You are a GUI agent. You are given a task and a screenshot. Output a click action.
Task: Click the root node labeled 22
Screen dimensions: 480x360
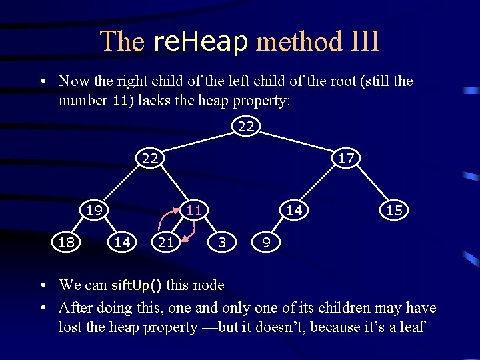[x=246, y=125]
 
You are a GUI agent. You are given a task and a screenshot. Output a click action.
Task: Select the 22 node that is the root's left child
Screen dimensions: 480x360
[x=150, y=158]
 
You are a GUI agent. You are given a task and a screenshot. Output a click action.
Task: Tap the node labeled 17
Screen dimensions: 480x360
[x=346, y=158]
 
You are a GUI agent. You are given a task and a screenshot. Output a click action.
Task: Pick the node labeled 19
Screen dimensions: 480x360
[x=94, y=210]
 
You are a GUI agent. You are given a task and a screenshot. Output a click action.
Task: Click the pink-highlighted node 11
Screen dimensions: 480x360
[x=193, y=210]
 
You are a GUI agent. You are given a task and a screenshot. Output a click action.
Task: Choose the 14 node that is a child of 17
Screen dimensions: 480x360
[x=294, y=210]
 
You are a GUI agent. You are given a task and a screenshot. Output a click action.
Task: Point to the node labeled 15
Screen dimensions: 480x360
[x=394, y=210]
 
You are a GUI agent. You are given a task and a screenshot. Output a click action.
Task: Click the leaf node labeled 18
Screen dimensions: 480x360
[x=66, y=243]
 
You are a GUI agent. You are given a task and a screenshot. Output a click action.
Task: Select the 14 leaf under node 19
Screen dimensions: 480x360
[x=122, y=243]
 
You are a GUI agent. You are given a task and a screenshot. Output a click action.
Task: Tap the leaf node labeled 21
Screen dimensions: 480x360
[x=165, y=243]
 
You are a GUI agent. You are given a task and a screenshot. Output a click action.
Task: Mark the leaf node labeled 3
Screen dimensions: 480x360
[x=222, y=243]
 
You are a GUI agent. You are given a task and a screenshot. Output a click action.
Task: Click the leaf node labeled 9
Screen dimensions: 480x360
[x=266, y=243]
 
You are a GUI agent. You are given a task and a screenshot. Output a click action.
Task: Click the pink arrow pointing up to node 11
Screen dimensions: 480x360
[x=164, y=220]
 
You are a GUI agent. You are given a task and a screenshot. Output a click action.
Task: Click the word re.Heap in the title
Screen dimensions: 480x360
[x=200, y=41]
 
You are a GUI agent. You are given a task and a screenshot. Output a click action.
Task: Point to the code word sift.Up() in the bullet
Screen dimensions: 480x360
[x=136, y=286]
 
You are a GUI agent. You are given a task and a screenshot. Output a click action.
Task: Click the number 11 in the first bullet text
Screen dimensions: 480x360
[x=120, y=101]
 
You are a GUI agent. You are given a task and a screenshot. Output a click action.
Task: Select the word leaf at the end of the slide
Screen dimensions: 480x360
[x=409, y=327]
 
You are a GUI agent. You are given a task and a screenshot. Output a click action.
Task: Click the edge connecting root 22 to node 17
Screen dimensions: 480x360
[x=297, y=142]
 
